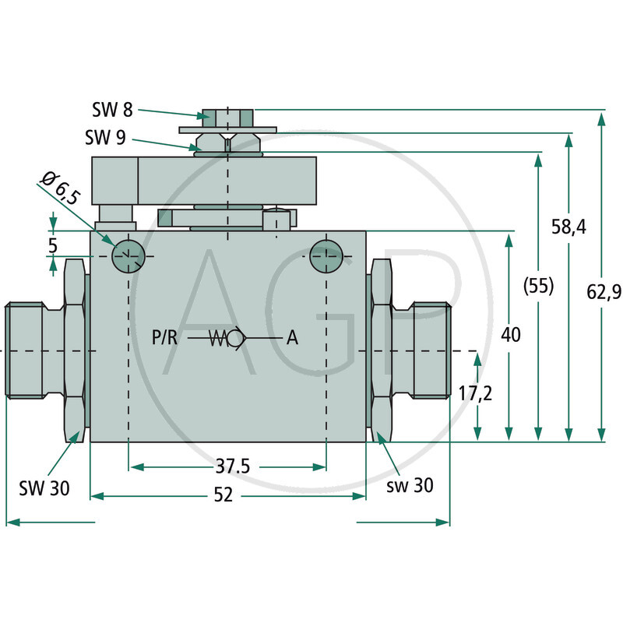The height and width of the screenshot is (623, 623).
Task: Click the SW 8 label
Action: coord(106,110)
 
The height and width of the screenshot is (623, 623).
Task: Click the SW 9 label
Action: coord(106,139)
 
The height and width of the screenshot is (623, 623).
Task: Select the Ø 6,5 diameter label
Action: coord(59,188)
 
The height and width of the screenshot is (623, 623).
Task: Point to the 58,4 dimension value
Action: coord(570,227)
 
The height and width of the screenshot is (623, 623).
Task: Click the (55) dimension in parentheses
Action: coord(538,286)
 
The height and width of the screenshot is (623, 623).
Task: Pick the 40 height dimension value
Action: coord(512,335)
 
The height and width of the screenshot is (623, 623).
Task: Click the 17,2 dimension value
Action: coord(474,393)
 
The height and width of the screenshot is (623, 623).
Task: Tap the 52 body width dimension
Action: coord(224,496)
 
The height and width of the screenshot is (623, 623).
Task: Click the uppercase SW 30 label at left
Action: coord(44,488)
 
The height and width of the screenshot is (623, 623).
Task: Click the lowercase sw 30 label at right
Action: coord(410,485)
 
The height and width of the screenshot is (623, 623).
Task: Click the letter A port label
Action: coord(292,338)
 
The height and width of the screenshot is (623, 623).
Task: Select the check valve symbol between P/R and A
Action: coord(230,338)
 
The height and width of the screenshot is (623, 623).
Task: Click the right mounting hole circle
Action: coord(325,255)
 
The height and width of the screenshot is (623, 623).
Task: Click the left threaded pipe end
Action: coord(31,350)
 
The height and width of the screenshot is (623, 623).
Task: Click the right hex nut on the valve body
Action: coord(381,350)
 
